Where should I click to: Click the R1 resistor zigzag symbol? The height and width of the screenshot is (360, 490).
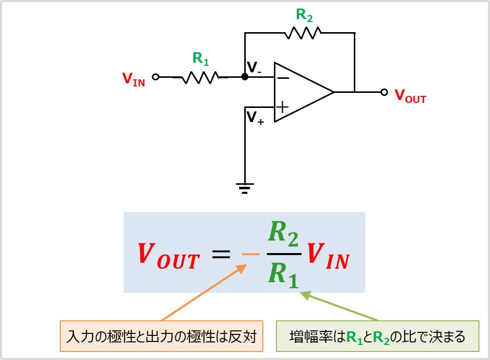[x=201, y=77]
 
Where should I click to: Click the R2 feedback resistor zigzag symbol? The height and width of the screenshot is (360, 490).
[x=303, y=33]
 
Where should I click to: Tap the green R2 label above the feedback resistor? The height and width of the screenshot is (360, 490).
[x=304, y=16]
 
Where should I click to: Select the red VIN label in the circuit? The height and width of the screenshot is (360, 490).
[x=133, y=79]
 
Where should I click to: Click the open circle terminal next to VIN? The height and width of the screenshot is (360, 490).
[x=156, y=77]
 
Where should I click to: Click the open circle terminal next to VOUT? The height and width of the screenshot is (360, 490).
[x=384, y=92]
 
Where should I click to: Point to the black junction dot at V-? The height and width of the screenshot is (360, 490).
[x=245, y=77]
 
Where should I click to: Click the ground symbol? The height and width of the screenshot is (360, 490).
[x=245, y=188]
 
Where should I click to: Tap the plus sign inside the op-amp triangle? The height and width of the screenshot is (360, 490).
[x=283, y=106]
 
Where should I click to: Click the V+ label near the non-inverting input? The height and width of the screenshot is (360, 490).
[x=255, y=117]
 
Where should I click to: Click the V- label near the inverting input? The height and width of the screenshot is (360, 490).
[x=254, y=67]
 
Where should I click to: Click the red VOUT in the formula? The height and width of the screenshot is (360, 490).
[x=168, y=255]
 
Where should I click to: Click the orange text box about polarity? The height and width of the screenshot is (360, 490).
[x=161, y=336]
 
